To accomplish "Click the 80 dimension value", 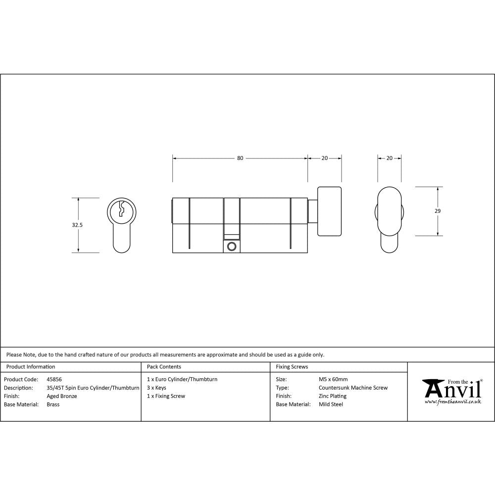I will (x=240, y=158).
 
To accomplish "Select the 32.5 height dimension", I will (x=77, y=225).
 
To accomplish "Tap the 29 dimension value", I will (x=438, y=211).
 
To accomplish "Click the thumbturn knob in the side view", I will (x=329, y=211).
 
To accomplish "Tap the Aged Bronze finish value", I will (x=61, y=396).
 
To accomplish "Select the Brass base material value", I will (x=53, y=404).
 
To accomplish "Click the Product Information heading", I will (x=30, y=367).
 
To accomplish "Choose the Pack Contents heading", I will (x=164, y=367).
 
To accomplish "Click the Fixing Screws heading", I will (x=292, y=367).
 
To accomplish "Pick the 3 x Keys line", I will (x=156, y=388).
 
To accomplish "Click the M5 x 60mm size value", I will (x=333, y=380).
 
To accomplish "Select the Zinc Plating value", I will (x=333, y=396).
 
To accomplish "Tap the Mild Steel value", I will (x=331, y=404).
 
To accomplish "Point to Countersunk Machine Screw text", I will (x=353, y=388).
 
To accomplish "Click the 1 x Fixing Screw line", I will (x=166, y=396).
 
